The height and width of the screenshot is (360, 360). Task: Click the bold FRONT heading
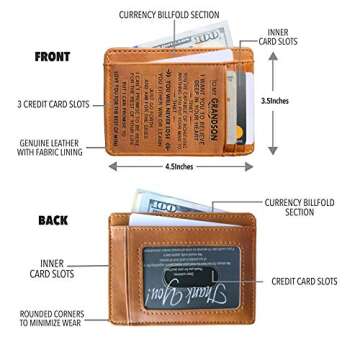[52, 57]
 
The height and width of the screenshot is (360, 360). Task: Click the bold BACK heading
[53, 219]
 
